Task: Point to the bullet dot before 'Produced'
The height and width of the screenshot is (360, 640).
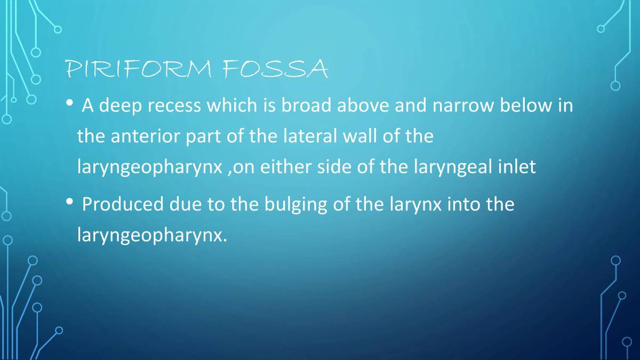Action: [69, 202]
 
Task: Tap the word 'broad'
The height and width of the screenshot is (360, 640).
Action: [307, 106]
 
